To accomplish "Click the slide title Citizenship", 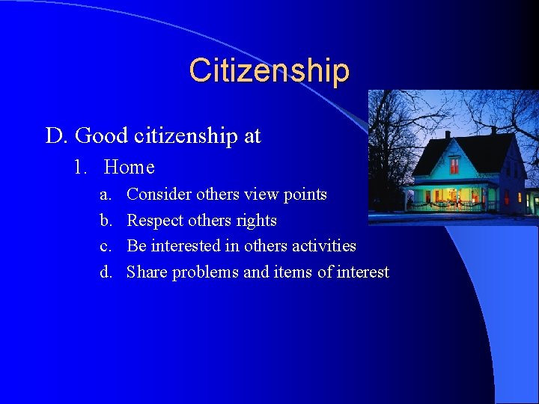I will (x=269, y=70).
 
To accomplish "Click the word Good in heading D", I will (x=97, y=135).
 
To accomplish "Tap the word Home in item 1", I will (x=130, y=167).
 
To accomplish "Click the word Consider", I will (x=159, y=195).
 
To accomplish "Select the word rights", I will (x=257, y=221).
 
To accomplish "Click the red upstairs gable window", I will (x=454, y=165).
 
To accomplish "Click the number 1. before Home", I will (x=81, y=167).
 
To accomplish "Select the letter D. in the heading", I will (x=57, y=135).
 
